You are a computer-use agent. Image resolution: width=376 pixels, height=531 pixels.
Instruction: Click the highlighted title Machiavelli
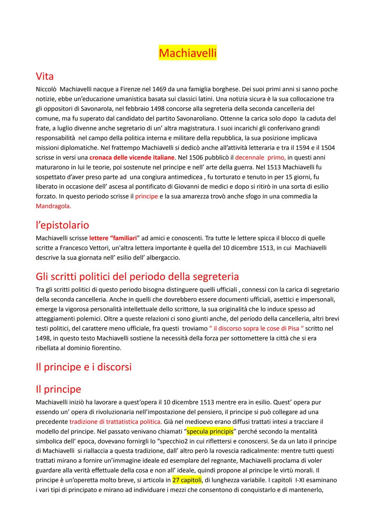pos(188,53)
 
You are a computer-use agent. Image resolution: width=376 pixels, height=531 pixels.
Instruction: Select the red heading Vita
pos(45,76)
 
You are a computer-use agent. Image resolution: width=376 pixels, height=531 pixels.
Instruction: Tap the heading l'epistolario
pos(62,225)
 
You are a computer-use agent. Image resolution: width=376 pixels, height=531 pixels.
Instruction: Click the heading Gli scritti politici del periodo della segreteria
pos(137,276)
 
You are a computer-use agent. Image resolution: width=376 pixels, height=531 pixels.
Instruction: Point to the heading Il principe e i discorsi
pos(84,367)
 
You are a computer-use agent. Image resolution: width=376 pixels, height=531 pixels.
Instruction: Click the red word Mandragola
pos(53,206)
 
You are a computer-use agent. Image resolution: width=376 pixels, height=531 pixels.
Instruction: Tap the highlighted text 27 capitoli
pos(187,480)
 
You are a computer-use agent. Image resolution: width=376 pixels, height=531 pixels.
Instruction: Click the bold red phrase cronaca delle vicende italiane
pos(132,157)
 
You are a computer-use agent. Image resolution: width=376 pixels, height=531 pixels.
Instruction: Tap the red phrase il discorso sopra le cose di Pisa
pos(256,328)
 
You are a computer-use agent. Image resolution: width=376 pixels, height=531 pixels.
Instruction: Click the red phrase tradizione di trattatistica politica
pos(116,422)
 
